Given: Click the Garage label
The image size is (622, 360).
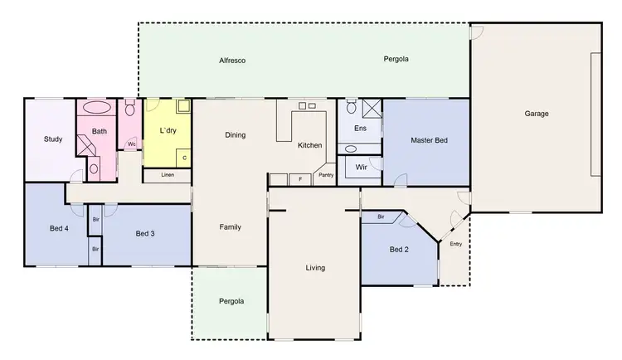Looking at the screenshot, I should pyautogui.click(x=536, y=114).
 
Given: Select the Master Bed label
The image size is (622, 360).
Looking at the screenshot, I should pyautogui.click(x=429, y=141).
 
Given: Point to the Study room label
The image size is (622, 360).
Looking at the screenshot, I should pyautogui.click(x=53, y=139).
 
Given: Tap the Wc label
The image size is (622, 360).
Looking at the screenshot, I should pyautogui.click(x=131, y=144).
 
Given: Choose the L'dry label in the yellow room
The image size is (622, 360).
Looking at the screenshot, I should pyautogui.click(x=168, y=131).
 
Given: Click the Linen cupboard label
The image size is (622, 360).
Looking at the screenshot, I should pyautogui.click(x=168, y=175).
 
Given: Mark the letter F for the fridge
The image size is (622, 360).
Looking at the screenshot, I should pyautogui.click(x=299, y=179).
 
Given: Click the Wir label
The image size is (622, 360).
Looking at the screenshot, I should pyautogui.click(x=361, y=167).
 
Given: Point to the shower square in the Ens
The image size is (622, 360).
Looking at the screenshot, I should pyautogui.click(x=372, y=107).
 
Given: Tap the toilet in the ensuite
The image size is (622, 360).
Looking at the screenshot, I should pyautogui.click(x=352, y=107).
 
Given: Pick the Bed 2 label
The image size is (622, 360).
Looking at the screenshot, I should pyautogui.click(x=399, y=249).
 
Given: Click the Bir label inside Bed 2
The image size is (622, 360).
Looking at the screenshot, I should pyautogui.click(x=381, y=217).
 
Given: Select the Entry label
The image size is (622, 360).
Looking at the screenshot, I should pyautogui.click(x=455, y=244).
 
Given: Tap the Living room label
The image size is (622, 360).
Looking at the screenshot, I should pyautogui.click(x=315, y=268).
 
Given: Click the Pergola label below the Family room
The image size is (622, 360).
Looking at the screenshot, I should pyautogui.click(x=231, y=301).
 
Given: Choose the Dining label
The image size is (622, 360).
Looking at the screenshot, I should pyautogui.click(x=235, y=134).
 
